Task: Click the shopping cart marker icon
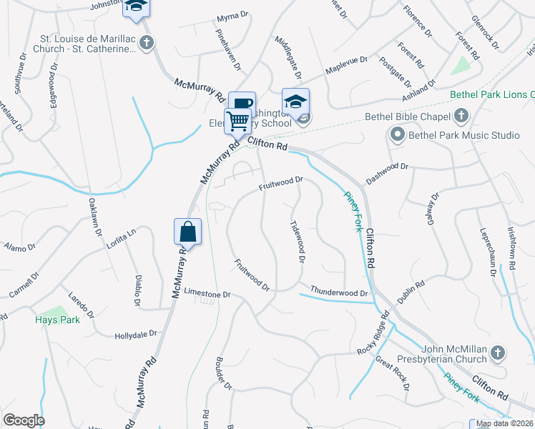coord(238,121)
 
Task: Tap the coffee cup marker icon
coord(242,104)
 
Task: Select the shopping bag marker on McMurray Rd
coord(187,232)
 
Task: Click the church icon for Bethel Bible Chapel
coord(461,116)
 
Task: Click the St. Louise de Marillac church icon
coord(147,43)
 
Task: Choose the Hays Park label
coord(57,320)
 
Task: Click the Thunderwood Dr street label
coord(338,292)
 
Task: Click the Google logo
coord(24,420)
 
